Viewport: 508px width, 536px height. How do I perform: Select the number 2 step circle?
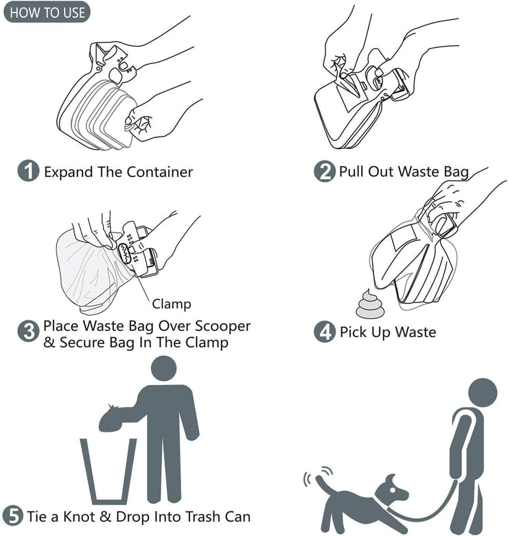[325, 172]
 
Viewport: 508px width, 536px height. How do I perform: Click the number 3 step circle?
[27, 333]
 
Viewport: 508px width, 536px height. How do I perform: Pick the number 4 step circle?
[325, 333]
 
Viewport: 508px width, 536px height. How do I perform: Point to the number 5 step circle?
[13, 516]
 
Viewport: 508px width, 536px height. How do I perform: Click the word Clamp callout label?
[171, 303]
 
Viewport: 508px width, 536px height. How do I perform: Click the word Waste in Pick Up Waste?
[414, 333]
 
